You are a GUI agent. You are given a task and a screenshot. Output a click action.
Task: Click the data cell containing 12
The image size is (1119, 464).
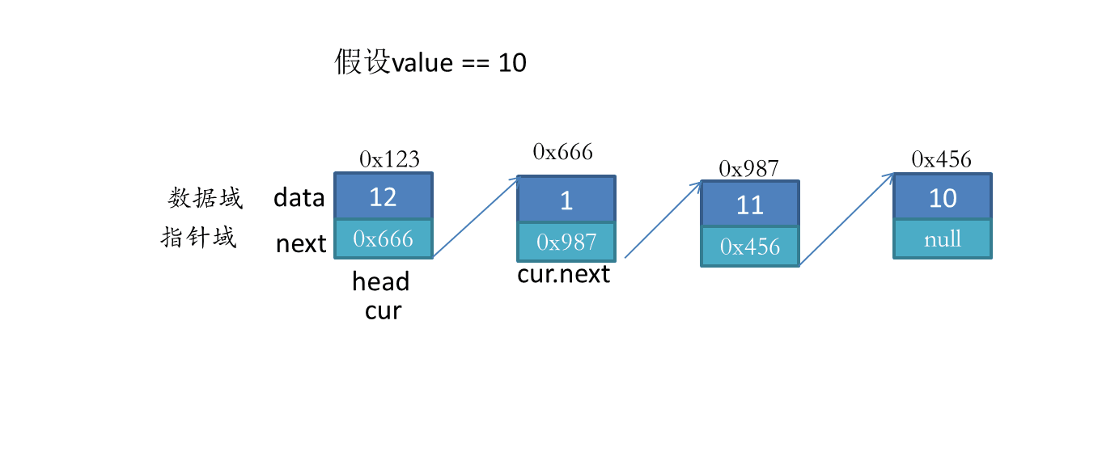pos(384,196)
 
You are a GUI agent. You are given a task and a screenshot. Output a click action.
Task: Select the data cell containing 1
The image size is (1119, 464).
pos(566,199)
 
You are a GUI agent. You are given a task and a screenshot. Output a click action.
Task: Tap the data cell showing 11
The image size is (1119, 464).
pos(750,204)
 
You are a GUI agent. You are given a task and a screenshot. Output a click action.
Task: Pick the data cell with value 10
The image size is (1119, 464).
pos(943,196)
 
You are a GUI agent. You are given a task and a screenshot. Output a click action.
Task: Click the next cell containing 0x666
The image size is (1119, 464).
pos(384,239)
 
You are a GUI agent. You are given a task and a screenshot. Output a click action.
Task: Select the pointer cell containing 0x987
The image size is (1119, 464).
pos(566,242)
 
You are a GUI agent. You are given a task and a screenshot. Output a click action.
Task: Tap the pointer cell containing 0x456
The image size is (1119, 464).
pos(750,247)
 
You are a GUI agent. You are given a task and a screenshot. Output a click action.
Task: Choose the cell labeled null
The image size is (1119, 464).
pos(943,239)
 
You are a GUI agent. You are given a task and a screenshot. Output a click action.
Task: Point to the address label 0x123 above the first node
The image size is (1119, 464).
pos(390,159)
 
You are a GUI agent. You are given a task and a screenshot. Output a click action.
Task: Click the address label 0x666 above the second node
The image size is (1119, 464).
pos(563,152)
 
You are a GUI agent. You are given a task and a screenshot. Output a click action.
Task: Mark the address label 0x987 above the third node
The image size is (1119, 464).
pos(748,169)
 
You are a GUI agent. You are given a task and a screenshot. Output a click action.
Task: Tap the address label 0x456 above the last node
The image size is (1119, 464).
pos(942,159)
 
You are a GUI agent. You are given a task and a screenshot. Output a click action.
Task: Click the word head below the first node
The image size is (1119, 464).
pos(380,281)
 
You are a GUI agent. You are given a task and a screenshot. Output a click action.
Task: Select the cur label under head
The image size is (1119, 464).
pos(384,311)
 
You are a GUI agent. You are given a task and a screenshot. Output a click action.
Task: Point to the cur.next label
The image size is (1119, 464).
pos(563,274)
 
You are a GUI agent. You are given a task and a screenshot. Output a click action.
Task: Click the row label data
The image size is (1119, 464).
pos(299,197)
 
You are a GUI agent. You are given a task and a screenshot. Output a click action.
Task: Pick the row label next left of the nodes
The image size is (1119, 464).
pos(301,244)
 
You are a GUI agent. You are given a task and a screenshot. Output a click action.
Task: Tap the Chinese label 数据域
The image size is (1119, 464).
pos(206,198)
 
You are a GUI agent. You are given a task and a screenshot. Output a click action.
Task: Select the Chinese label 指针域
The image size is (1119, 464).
pos(198,237)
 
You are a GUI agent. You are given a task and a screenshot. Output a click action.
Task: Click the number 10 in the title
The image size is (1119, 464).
pos(512,63)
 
